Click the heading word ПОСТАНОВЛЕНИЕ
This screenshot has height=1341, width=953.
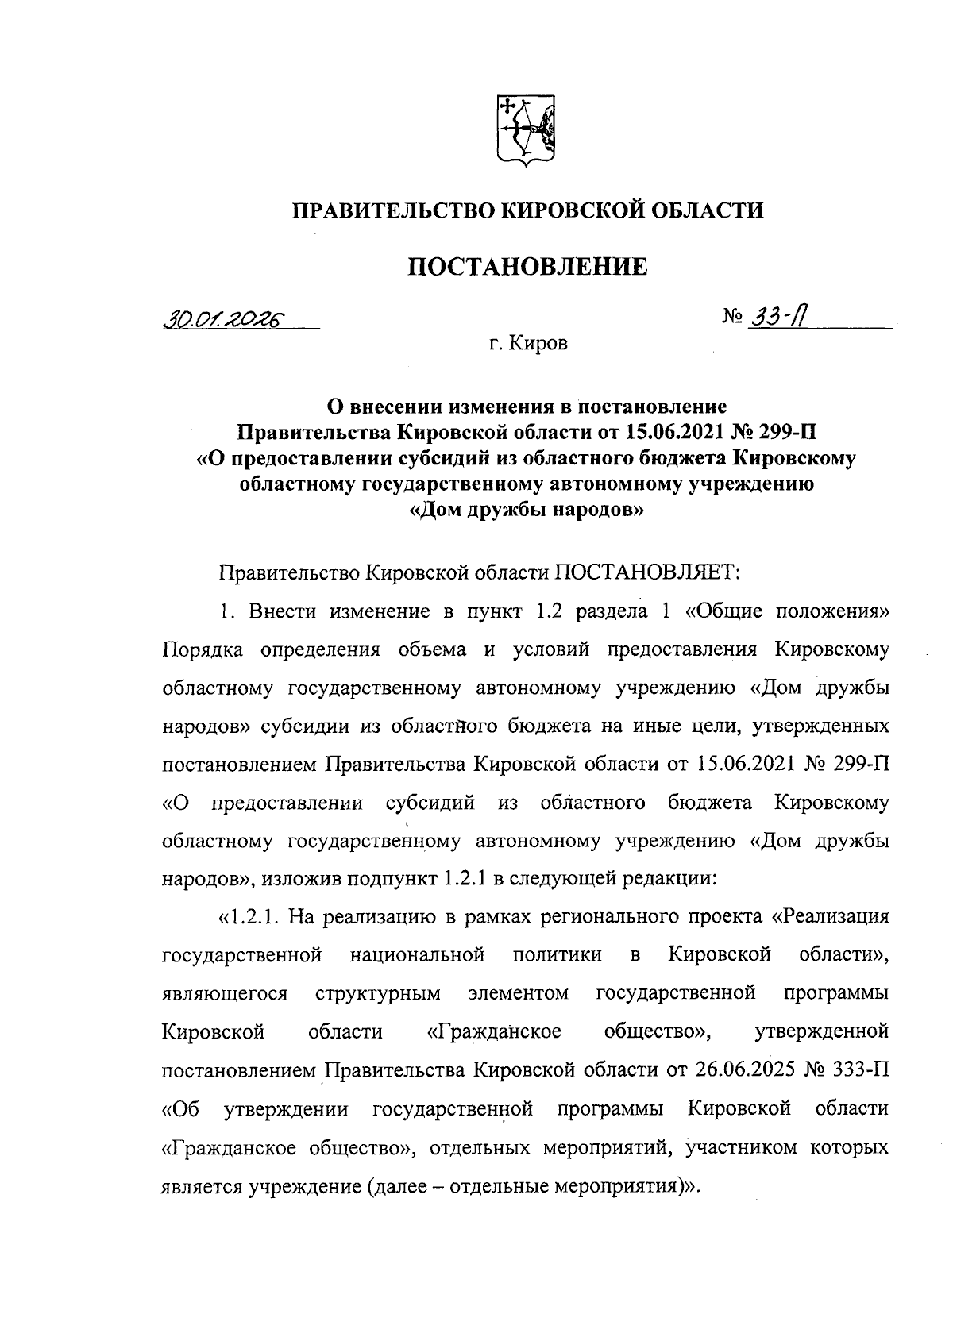527,266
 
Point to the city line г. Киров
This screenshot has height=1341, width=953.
528,345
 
